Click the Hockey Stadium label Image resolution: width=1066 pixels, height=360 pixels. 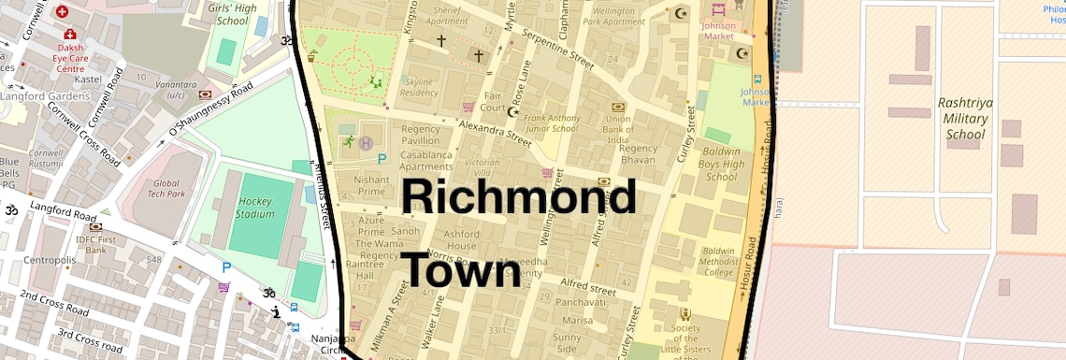[x=254, y=207]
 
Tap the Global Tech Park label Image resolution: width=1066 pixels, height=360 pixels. [x=166, y=190]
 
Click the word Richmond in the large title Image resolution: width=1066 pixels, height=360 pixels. [x=519, y=199]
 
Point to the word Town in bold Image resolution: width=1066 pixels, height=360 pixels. [x=461, y=269]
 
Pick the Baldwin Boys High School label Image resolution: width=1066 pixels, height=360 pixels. [x=722, y=164]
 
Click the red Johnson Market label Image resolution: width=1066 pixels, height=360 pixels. [x=718, y=31]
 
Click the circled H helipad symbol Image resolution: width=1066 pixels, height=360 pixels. [x=366, y=142]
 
